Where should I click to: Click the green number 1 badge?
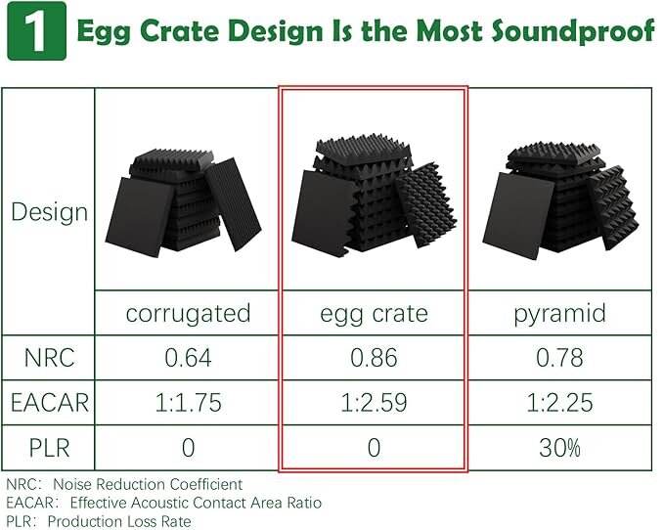click(37, 31)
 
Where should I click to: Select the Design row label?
click(49, 211)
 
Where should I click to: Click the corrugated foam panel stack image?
click(184, 203)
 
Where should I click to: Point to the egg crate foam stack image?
click(374, 195)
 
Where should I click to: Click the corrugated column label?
click(188, 314)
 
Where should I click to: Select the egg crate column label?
click(374, 314)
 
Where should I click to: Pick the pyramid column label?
click(559, 314)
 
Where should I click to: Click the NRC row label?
click(49, 358)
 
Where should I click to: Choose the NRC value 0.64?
click(188, 358)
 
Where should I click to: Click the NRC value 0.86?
click(374, 358)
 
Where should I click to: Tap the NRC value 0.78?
click(559, 358)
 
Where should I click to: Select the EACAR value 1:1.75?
click(188, 403)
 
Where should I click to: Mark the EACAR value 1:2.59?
click(374, 403)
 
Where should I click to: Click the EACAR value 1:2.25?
click(559, 403)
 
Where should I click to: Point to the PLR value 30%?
click(559, 448)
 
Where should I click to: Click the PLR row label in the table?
click(49, 448)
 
